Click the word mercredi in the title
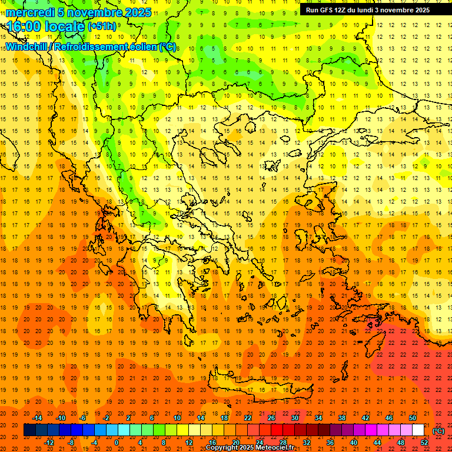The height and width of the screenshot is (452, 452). click(x=30, y=12)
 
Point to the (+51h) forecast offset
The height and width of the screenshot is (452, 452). click(x=101, y=26)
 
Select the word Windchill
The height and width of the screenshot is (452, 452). click(x=27, y=46)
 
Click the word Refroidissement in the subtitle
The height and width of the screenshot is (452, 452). click(x=95, y=46)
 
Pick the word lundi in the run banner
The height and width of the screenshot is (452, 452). click(x=382, y=10)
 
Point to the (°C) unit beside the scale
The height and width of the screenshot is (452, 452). click(x=438, y=431)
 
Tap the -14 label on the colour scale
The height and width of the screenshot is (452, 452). click(x=37, y=418)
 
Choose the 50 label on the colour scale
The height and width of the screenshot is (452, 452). click(x=413, y=418)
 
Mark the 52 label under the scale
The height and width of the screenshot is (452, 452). click(x=424, y=443)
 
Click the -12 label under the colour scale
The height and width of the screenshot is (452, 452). click(x=49, y=443)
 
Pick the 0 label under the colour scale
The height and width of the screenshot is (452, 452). click(x=117, y=443)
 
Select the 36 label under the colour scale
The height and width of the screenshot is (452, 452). click(x=330, y=443)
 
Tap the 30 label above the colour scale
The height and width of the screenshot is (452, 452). click(x=294, y=418)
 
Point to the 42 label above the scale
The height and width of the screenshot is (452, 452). click(x=365, y=418)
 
